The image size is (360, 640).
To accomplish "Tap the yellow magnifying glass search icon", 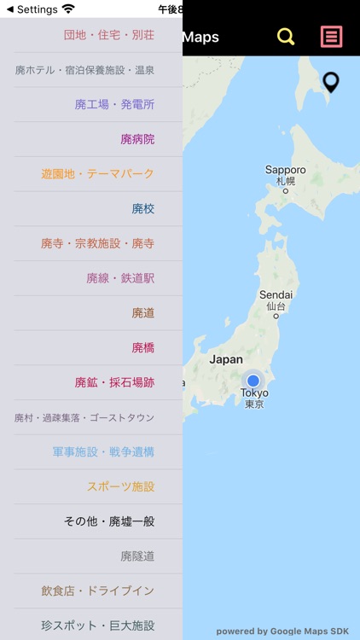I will [286, 37].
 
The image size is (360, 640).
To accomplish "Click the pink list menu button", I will [331, 37].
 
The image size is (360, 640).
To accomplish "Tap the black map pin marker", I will [331, 83].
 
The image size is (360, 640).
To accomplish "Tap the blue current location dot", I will [253, 380].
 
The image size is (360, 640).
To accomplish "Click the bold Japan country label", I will [226, 360].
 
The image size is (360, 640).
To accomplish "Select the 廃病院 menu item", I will [137, 139].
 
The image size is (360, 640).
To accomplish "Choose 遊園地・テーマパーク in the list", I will [97, 174].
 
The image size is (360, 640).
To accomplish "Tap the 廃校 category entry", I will [142, 209].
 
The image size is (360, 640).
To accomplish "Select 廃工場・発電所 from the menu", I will [114, 104].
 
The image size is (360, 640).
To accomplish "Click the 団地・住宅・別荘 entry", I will [108, 35].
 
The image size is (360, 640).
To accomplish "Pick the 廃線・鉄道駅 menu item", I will [120, 278].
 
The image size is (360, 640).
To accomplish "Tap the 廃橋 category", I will [142, 348].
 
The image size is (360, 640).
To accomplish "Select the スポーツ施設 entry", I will [120, 487].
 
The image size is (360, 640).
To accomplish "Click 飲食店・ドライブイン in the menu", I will [97, 591].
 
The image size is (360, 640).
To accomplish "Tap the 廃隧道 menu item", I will [137, 556].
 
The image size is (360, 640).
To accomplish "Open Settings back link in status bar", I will [32, 9].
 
